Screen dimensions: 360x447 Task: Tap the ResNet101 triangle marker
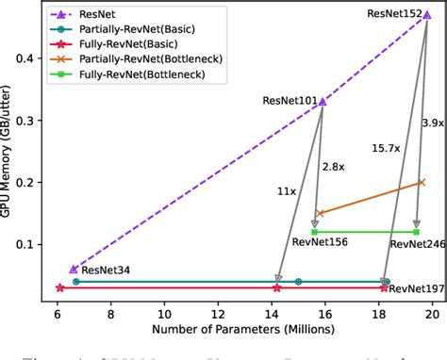coord(323,101)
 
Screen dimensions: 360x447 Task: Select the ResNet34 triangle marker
coord(74,269)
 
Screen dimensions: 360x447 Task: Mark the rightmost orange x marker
coord(421,182)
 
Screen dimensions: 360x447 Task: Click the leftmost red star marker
coord(59,287)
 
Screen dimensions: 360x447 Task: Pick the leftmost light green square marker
coord(315,231)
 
